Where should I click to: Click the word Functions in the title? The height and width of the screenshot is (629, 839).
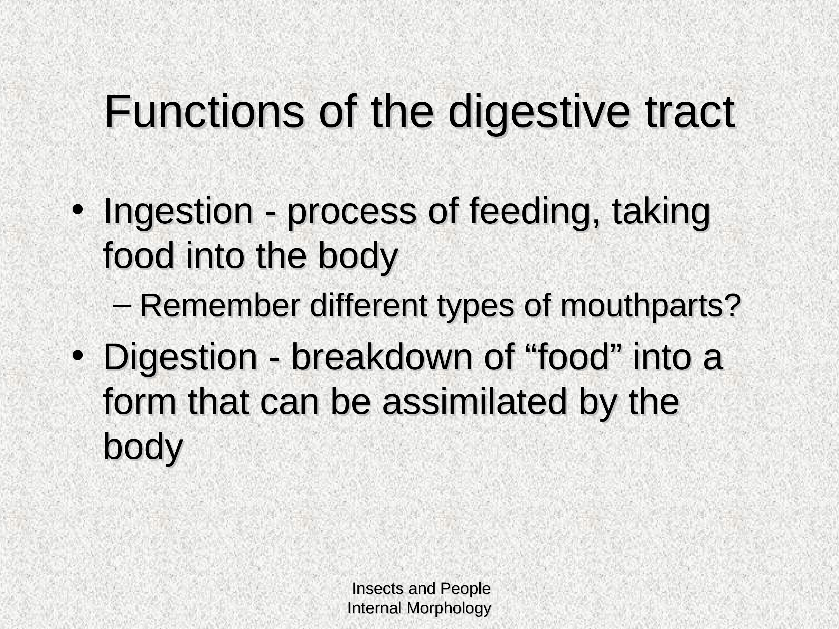[x=204, y=112]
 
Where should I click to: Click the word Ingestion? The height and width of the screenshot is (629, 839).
[x=178, y=213]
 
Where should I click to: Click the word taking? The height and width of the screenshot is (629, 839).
[x=661, y=213]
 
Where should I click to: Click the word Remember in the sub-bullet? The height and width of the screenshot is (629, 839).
[x=220, y=306]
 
